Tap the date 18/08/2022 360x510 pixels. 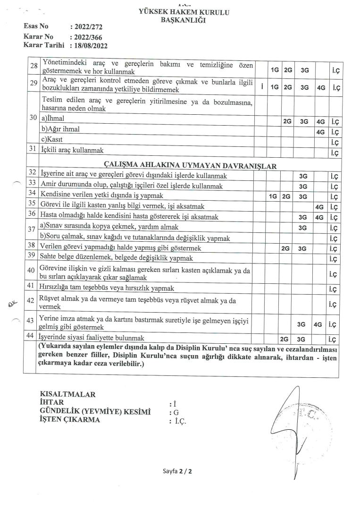tap(89, 46)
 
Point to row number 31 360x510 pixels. tap(32, 151)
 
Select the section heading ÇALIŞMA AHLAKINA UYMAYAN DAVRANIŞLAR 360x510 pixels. tap(190, 165)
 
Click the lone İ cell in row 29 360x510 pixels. tap(261, 87)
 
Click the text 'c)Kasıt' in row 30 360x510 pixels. tap(52, 140)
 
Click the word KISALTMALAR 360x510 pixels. tap(68, 394)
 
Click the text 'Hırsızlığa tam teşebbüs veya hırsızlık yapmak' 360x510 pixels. tap(107, 288)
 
